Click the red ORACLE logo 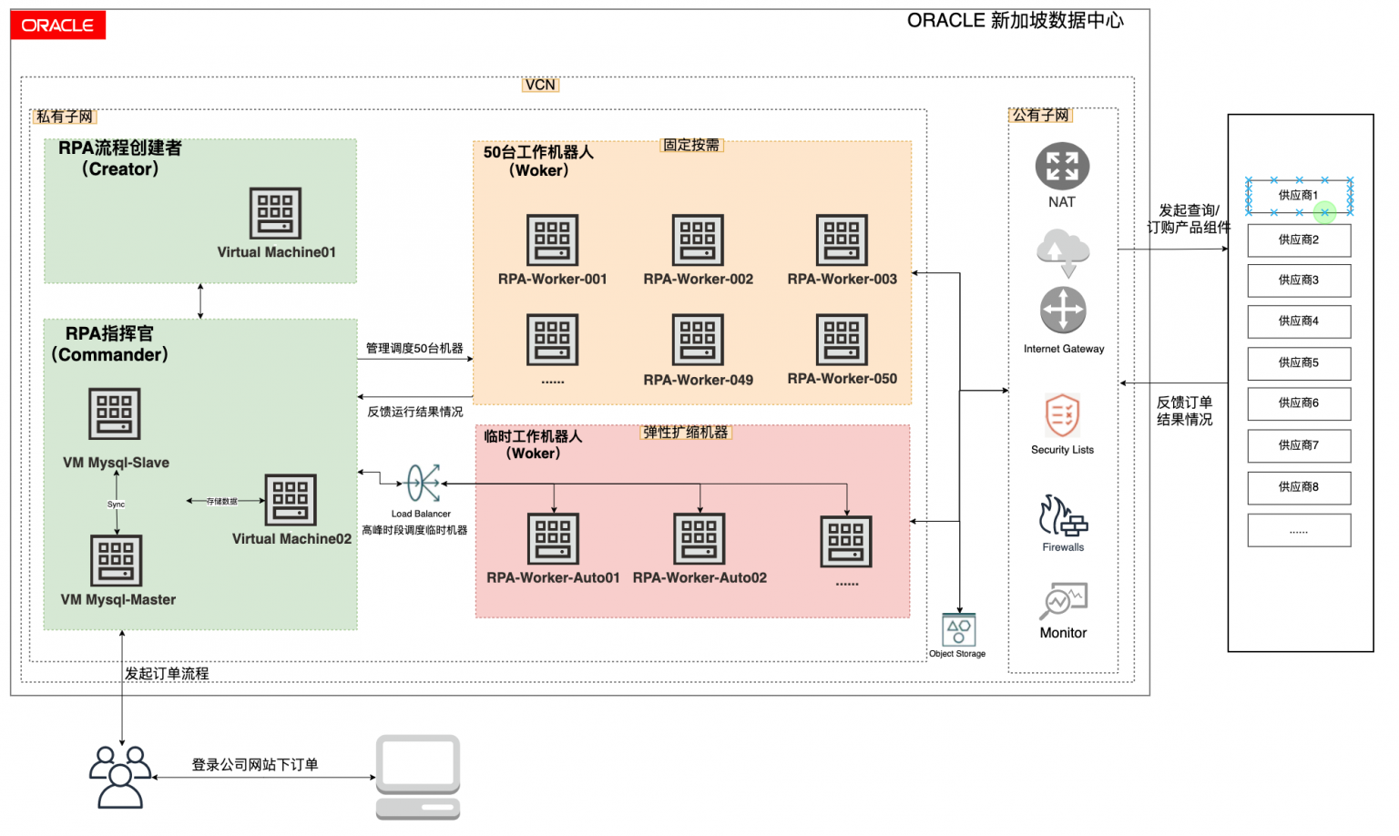tap(57, 25)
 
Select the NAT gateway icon tap(1062, 168)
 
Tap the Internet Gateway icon tap(1063, 311)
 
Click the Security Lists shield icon tap(1062, 415)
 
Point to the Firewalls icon tap(1063, 515)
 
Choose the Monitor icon tap(1063, 601)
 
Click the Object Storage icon tap(958, 629)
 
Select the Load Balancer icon tap(423, 484)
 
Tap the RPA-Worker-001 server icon tap(552, 240)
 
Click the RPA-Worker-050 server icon tap(842, 340)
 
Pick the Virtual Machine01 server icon tap(275, 213)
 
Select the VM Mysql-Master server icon tap(117, 560)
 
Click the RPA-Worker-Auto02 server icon tap(699, 538)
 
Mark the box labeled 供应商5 tap(1299, 362)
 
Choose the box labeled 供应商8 tap(1299, 487)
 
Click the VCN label tap(540, 85)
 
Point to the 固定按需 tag tap(691, 145)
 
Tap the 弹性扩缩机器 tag tap(686, 433)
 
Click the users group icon tap(120, 777)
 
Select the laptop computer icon tap(418, 777)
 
